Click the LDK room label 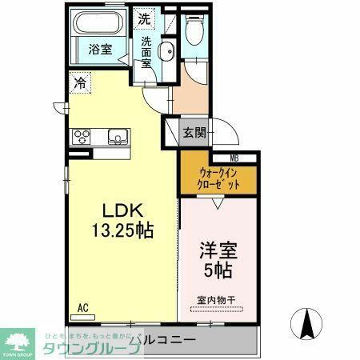point(122,210)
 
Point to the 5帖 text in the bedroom point(218,270)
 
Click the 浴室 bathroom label point(99,50)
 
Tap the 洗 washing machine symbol point(144,18)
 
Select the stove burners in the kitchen point(82,136)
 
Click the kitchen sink point(118,137)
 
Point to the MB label point(234,158)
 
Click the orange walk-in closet point(217,178)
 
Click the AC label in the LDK point(83,306)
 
